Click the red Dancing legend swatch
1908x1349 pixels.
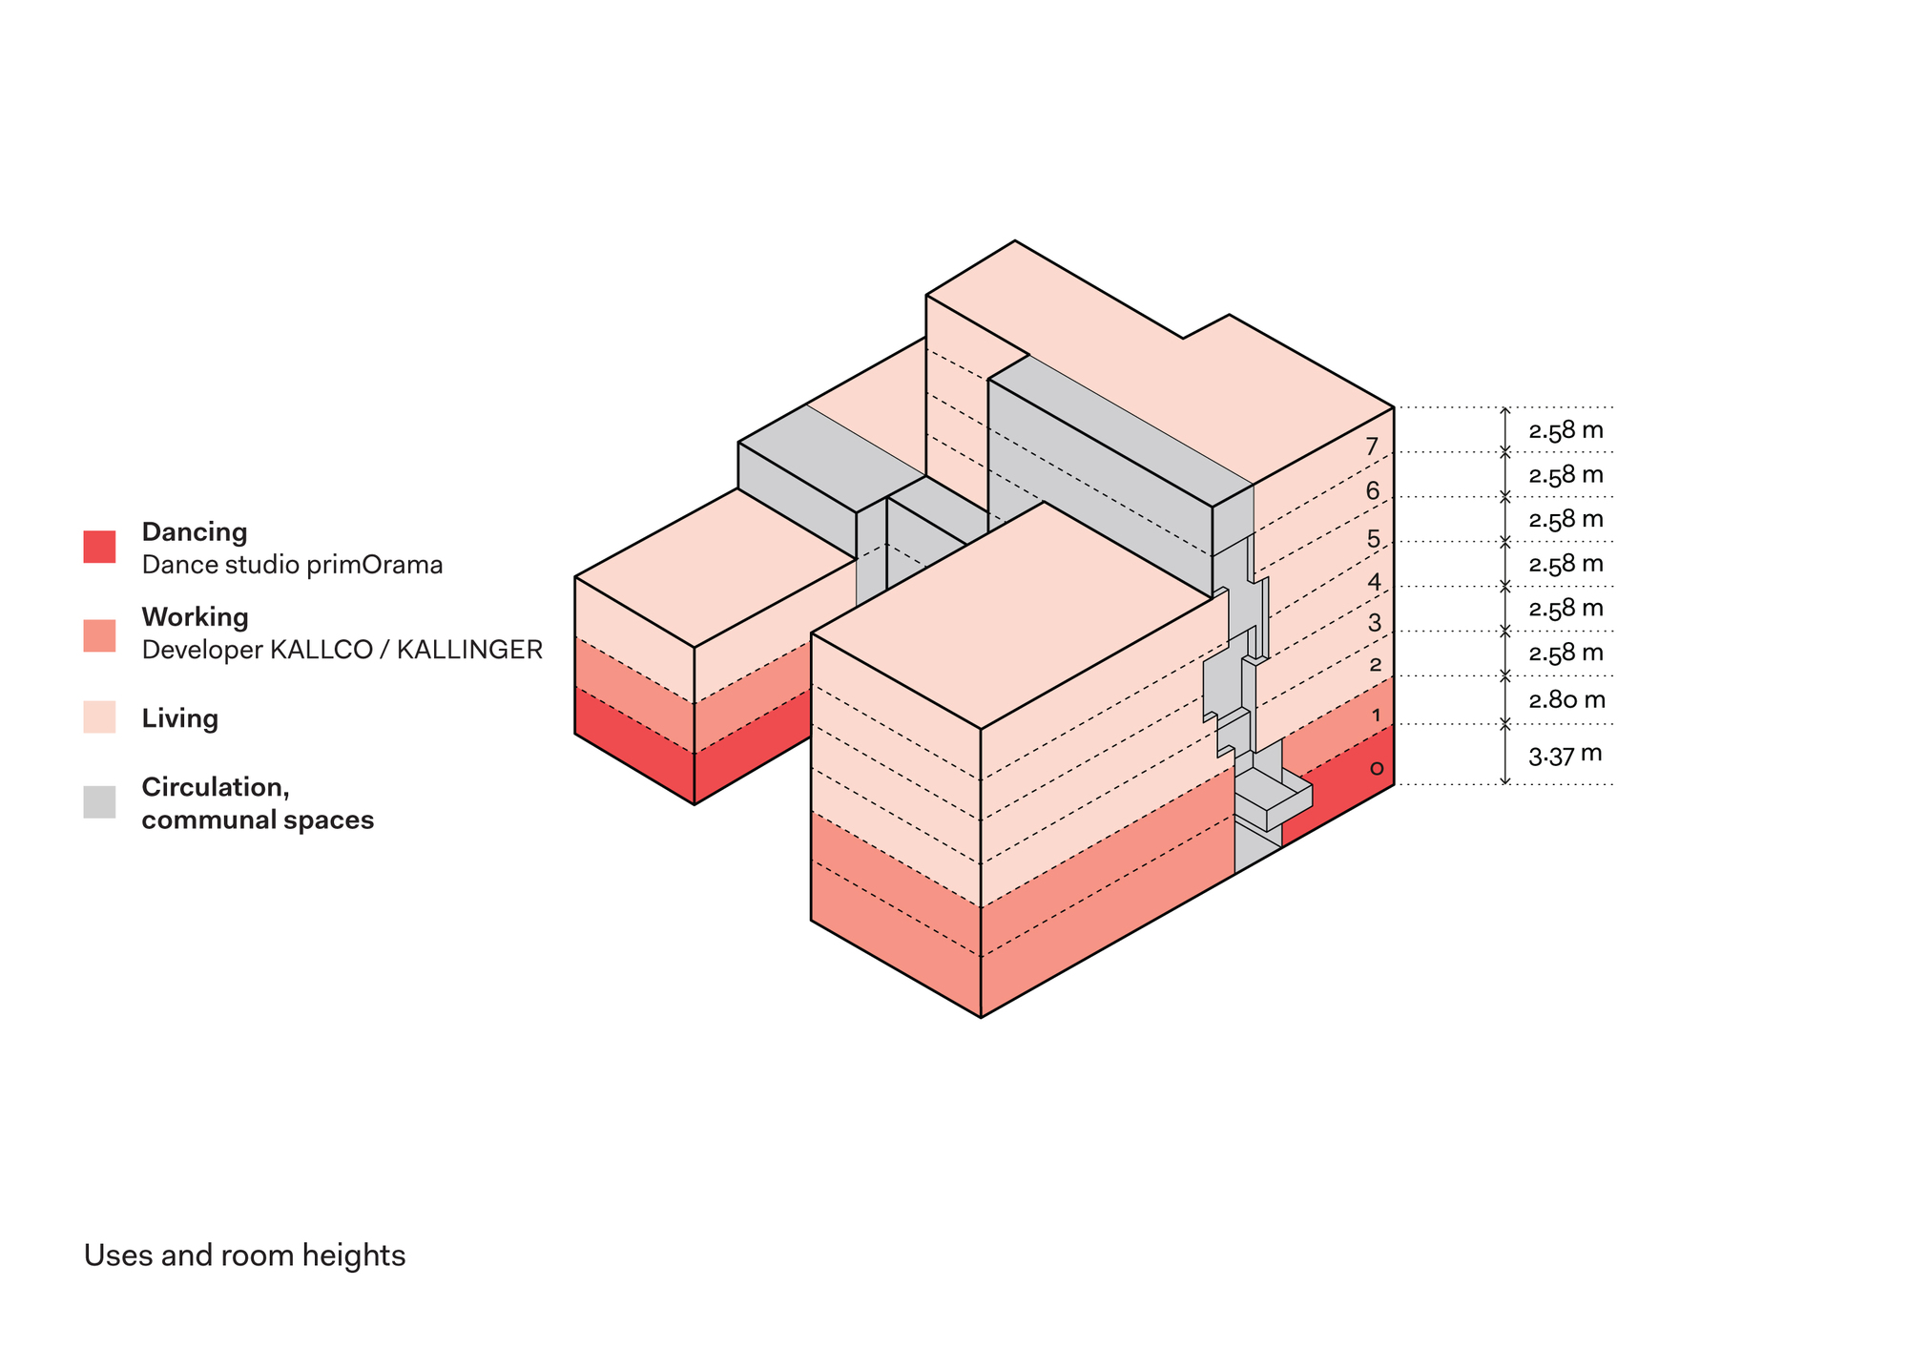click(99, 547)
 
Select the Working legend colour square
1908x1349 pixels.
click(99, 635)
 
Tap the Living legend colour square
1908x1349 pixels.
click(99, 717)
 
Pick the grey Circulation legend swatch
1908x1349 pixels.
click(99, 801)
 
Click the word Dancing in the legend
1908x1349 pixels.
click(195, 531)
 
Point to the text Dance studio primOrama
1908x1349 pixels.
click(292, 565)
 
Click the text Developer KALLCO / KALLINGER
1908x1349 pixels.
click(342, 650)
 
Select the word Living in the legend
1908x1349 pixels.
click(179, 718)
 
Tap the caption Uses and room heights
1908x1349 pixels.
click(244, 1255)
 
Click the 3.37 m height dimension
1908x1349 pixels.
click(1565, 756)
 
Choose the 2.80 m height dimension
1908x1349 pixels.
click(1566, 700)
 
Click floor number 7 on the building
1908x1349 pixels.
click(1372, 446)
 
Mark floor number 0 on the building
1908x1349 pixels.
click(1376, 768)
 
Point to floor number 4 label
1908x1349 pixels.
click(1374, 582)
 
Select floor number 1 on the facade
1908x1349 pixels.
click(1376, 716)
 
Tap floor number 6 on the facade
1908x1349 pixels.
click(1373, 491)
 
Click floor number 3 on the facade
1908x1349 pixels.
click(1374, 623)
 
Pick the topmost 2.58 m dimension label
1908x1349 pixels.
click(1566, 430)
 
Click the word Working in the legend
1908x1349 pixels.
click(195, 616)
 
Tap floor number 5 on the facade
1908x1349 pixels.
click(1374, 539)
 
